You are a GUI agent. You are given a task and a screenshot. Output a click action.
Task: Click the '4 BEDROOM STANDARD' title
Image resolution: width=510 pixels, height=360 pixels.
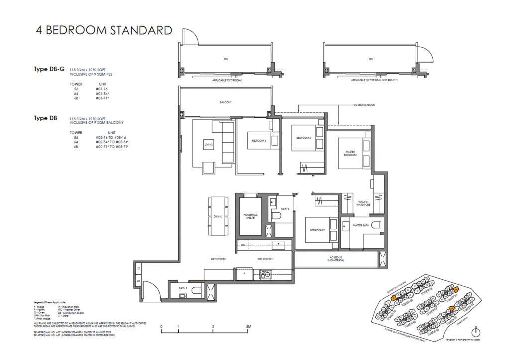pos(104,30)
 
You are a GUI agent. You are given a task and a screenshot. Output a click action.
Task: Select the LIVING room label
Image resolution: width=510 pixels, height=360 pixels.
pos(209,145)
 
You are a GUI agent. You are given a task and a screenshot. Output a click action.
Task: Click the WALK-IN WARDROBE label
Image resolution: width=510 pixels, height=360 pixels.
pos(362,204)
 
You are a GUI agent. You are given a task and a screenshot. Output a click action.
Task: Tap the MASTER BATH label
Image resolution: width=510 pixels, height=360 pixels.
pos(360,226)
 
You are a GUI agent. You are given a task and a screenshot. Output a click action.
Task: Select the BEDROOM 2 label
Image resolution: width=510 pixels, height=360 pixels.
pos(318,231)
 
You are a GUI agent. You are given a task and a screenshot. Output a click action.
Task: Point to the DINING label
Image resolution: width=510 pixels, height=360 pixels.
pos(218,217)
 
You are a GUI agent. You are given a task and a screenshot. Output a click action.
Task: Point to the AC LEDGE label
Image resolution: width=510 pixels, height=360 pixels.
pos(334,258)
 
